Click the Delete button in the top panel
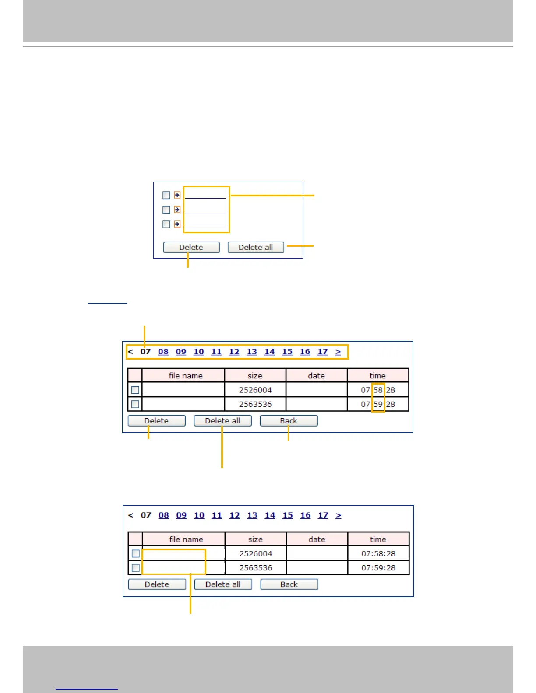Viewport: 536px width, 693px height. coord(191,248)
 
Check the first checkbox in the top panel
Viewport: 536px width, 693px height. coord(166,195)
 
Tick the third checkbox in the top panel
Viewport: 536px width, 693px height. coord(166,224)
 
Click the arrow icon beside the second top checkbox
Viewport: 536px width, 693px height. coord(177,210)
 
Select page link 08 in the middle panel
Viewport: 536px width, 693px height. coord(163,352)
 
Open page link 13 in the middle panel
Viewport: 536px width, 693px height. coord(252,352)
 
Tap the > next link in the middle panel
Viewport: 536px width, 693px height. coord(338,352)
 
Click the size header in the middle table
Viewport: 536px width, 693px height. coord(255,376)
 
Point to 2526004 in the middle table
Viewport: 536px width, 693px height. coord(255,390)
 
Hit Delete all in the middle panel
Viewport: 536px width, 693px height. coord(222,421)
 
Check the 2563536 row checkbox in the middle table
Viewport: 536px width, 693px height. coord(135,404)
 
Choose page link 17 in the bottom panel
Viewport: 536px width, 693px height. coord(323,515)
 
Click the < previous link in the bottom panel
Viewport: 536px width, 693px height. coord(130,515)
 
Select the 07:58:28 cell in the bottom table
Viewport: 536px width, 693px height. coord(378,553)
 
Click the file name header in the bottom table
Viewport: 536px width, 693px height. coord(186,539)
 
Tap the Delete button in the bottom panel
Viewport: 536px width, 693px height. coord(157,584)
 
